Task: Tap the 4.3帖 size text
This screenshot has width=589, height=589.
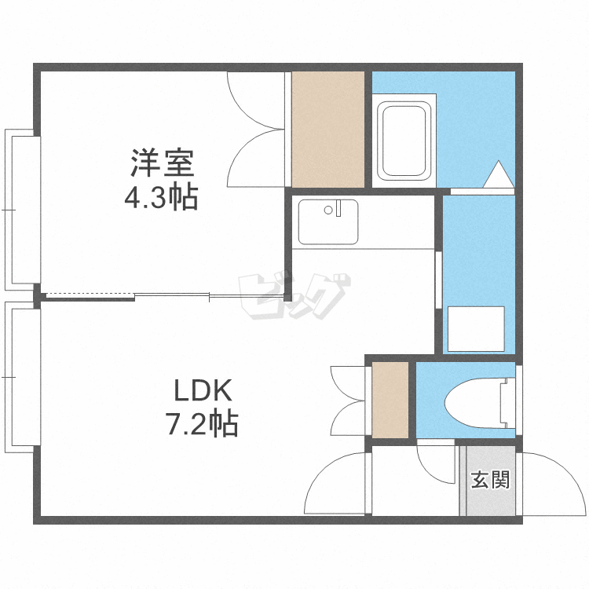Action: (x=161, y=197)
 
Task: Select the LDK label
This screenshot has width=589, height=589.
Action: (x=200, y=390)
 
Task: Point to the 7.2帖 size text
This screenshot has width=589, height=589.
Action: (x=200, y=424)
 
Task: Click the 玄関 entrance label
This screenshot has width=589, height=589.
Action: (x=490, y=479)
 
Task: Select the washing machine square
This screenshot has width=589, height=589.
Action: (x=476, y=329)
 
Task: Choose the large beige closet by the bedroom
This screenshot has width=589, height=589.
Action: (x=328, y=130)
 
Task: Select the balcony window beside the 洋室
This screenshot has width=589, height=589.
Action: (x=22, y=210)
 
